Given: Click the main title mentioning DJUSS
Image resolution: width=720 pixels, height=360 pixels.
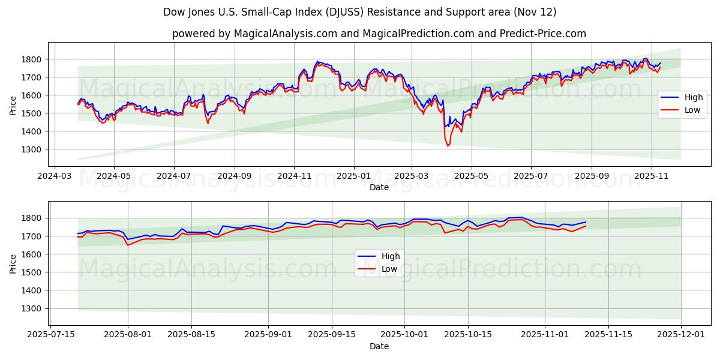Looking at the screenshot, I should (x=360, y=12).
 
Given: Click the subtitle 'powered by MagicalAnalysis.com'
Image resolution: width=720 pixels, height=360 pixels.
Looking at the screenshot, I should (x=379, y=34).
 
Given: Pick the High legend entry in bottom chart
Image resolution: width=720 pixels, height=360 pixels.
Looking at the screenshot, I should (x=391, y=256).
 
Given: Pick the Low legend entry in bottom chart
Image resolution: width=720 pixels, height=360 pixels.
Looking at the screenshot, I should (x=389, y=269).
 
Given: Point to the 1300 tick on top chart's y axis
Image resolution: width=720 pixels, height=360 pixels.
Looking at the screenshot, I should (x=34, y=149).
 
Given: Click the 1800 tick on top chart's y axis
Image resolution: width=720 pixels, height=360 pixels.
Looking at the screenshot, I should (x=34, y=59).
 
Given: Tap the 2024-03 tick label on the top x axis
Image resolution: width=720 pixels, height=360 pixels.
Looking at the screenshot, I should (x=55, y=176).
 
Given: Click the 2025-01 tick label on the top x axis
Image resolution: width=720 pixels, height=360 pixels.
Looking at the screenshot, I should (x=353, y=176).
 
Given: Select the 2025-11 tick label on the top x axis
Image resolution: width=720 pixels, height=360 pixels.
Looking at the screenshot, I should (x=651, y=176).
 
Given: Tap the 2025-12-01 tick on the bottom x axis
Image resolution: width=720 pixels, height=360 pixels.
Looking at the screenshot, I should (x=682, y=335).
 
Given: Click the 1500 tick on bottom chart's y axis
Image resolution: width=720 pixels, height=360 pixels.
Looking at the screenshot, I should (x=34, y=272).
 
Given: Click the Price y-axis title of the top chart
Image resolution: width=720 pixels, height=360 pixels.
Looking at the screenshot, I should (x=13, y=104).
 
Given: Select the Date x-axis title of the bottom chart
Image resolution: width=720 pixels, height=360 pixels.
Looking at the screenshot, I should (x=379, y=346).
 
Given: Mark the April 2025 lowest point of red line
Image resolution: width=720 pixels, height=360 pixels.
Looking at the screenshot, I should (x=448, y=146).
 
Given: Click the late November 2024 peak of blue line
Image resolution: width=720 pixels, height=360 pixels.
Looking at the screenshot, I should (x=318, y=61).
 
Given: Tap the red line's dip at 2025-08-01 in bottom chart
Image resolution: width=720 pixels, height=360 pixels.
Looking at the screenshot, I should (x=128, y=245).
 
